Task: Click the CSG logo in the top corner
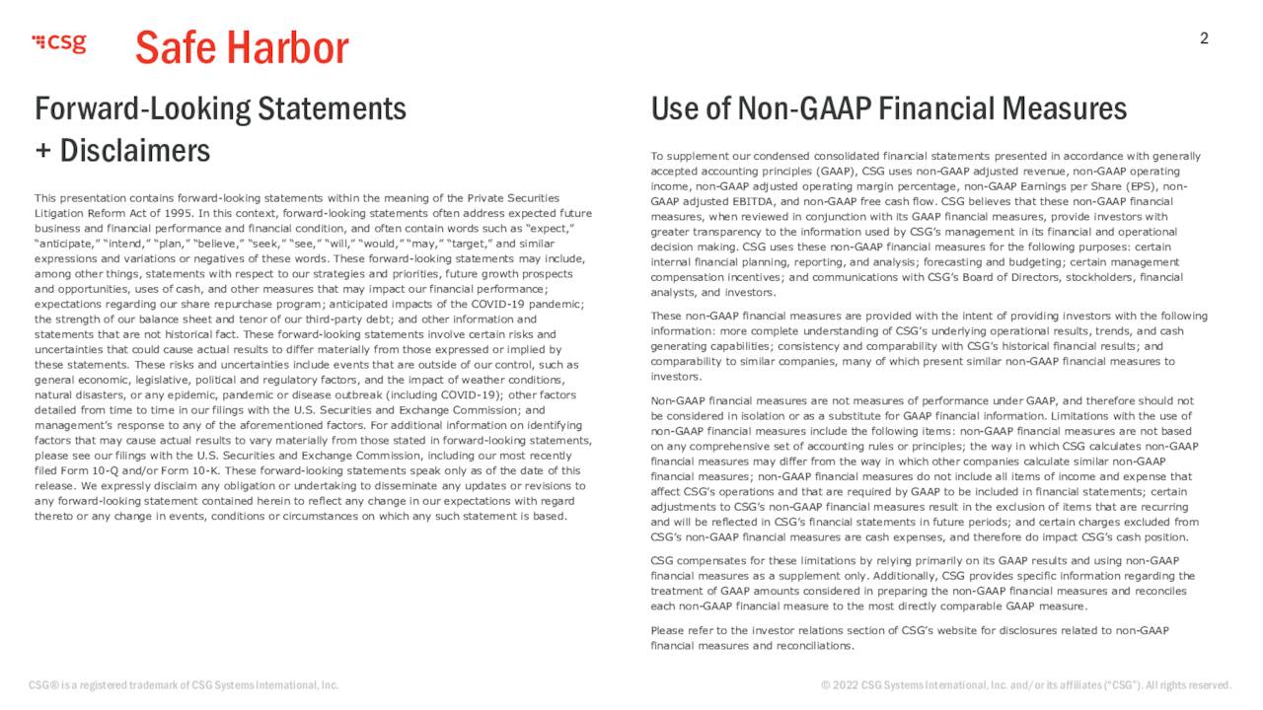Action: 59,42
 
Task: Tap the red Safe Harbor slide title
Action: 242,47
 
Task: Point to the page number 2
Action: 1204,39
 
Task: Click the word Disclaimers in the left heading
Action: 135,151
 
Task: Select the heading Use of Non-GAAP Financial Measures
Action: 888,108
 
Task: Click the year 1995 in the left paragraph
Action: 178,213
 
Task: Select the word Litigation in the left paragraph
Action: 61,213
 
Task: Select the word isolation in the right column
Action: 762,416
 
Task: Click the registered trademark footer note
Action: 184,685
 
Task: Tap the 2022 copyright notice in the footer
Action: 1026,685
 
